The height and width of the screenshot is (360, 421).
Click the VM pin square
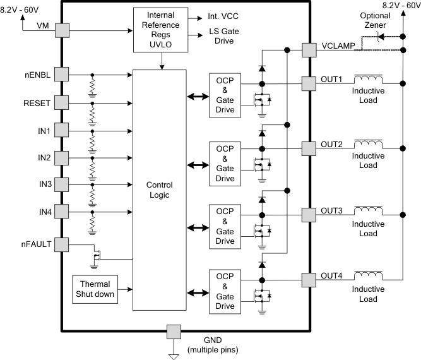(x=61, y=29)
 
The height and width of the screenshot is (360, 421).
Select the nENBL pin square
(x=61, y=74)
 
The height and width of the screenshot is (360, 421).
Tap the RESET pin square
(x=61, y=102)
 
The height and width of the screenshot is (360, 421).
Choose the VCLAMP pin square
(x=309, y=50)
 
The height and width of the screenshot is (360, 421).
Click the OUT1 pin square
(x=309, y=83)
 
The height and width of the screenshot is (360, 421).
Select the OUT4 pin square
(x=309, y=279)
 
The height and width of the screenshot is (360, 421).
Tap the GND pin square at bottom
(x=173, y=331)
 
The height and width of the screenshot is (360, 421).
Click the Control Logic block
(x=159, y=189)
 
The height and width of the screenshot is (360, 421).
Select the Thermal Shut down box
(x=95, y=289)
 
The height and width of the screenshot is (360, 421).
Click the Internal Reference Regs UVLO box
(x=160, y=29)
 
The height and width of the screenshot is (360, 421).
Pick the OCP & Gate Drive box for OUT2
(x=225, y=163)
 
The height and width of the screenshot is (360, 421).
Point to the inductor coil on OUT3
(x=368, y=210)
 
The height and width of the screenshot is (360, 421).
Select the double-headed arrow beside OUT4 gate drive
(x=197, y=292)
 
